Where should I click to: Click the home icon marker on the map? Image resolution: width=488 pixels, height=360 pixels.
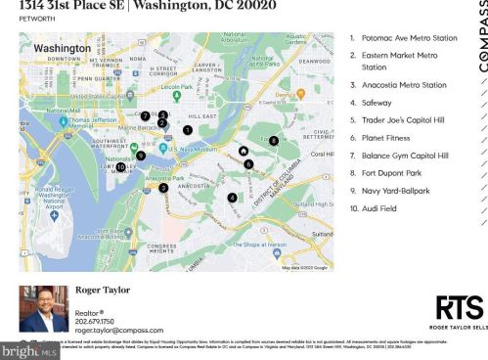243,152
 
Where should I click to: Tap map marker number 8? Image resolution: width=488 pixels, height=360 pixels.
274,140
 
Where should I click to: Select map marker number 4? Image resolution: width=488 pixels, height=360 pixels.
232,198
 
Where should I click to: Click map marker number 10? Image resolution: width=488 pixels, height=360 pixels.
120,167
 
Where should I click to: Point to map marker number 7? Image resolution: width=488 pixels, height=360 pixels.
144,116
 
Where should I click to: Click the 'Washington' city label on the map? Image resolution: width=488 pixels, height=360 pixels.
63,47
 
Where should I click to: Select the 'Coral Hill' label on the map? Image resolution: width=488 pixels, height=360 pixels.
322,155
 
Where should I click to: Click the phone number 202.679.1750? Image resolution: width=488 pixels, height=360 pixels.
95,321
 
